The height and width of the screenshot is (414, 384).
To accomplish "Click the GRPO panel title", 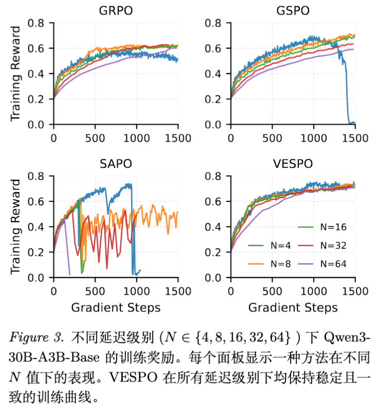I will pos(115,10).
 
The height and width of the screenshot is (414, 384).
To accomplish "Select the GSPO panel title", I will pos(292,10).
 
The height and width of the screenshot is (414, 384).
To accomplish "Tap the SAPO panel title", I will pos(115,164).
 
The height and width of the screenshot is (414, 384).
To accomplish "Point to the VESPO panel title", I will pos(292,164).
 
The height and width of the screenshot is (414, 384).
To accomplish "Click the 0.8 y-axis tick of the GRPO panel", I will pos(39,23).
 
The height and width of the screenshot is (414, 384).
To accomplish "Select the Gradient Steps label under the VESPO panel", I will pos(292,308).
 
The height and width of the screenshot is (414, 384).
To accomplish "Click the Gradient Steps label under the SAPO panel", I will pos(115,308).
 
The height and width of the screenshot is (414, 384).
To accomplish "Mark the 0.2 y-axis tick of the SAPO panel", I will pos(39,252).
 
